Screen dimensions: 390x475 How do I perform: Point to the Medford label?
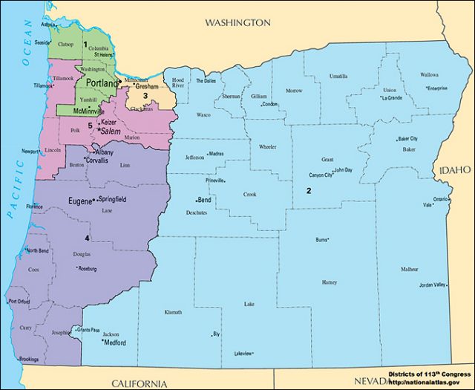pos(114,343)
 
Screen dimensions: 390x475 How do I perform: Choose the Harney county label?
pos(330,282)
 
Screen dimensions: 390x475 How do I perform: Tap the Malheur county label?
pos(409,269)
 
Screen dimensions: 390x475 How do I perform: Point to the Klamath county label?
pos(173,313)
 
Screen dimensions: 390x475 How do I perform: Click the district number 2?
pos(307,191)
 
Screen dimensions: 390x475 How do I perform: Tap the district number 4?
pos(87,238)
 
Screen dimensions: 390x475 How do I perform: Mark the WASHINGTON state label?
pos(237,23)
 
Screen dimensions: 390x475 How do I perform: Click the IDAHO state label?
pos(455,171)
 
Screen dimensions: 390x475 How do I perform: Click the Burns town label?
pos(321,240)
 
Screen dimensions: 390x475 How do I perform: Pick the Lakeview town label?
pos(243,353)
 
